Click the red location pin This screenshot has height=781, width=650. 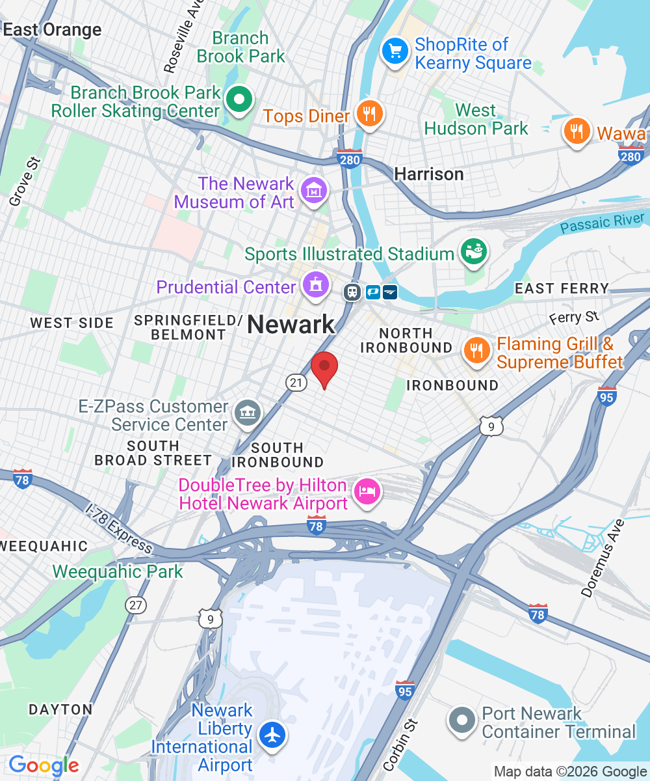click(x=324, y=368)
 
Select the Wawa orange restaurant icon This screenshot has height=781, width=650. click(x=576, y=131)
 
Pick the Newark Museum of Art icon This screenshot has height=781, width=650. click(x=315, y=191)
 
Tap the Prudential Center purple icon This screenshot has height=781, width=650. click(x=316, y=285)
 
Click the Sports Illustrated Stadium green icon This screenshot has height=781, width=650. click(x=473, y=252)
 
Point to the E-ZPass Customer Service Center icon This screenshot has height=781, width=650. click(x=248, y=413)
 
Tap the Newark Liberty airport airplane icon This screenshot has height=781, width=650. click(x=272, y=735)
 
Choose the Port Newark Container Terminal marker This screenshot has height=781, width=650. click(x=463, y=720)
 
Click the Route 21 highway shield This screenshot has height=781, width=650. click(x=296, y=383)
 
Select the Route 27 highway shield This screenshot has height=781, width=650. click(x=135, y=605)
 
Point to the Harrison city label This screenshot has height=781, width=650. click(x=429, y=174)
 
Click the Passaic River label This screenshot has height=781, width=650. click(x=604, y=223)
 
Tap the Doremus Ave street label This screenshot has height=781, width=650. click(x=603, y=558)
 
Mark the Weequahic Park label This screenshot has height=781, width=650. click(x=118, y=571)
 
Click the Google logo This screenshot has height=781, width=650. click(x=44, y=765)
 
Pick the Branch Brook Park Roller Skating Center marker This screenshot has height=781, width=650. click(x=239, y=100)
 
